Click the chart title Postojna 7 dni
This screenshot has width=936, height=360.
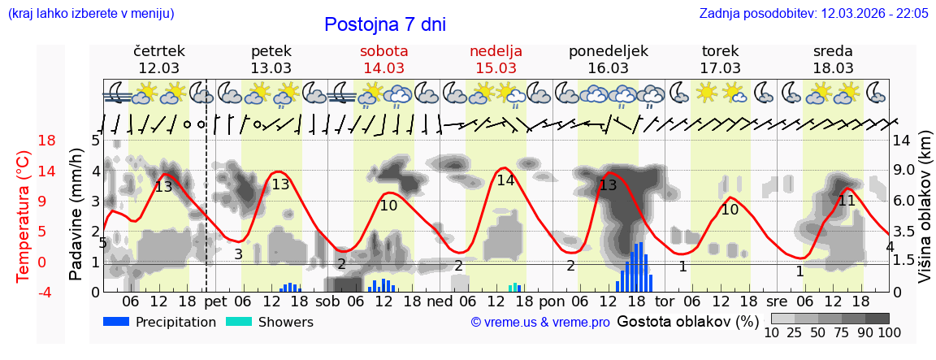click(x=385, y=24)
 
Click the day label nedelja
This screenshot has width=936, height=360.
click(x=496, y=51)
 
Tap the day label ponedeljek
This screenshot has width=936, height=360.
click(x=608, y=51)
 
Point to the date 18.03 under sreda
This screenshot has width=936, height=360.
click(x=833, y=68)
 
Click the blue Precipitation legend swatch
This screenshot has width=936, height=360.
click(x=116, y=322)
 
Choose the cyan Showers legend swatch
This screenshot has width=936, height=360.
click(x=239, y=322)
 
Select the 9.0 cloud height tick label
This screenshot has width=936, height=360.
click(x=904, y=171)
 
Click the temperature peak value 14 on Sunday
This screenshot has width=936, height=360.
click(x=505, y=180)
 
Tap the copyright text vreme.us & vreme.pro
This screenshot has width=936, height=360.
click(x=540, y=323)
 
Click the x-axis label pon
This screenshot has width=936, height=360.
click(x=552, y=301)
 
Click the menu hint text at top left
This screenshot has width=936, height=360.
click(x=90, y=14)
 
